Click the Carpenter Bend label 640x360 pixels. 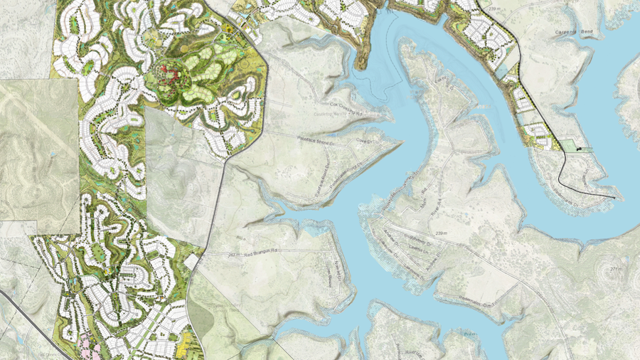(x=576, y=33)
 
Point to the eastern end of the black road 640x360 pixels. (x=615, y=196)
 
